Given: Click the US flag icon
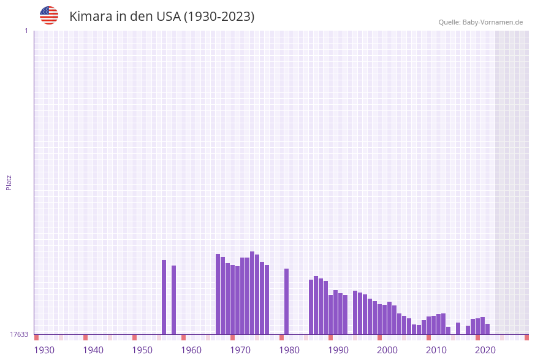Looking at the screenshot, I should pos(49,15).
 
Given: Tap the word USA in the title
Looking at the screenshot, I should pos(168,17).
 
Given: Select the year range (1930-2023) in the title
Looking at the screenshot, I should pos(219,17).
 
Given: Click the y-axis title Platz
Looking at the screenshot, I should pos(9,182).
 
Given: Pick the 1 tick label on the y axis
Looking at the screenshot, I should pos(26,31).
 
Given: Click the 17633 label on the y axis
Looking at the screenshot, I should pos(19,334).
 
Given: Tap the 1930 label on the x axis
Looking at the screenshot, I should pos(44,350).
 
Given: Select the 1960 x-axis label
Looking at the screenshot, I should pos(191,350).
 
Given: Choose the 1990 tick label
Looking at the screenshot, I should pos(338,350).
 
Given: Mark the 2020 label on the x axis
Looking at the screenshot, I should pos(485,350).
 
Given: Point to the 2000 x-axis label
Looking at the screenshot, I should pos(387,350).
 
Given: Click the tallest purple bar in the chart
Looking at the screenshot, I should pos(252,293).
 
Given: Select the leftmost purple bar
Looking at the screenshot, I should pos(164,297).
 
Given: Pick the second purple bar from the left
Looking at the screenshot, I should pos(173,300).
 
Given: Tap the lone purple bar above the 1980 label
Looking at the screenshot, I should pos(286,301).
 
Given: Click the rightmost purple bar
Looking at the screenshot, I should pos(487,329).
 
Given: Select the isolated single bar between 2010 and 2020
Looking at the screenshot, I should pos(458,328).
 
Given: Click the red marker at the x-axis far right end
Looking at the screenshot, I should pos(526,337).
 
